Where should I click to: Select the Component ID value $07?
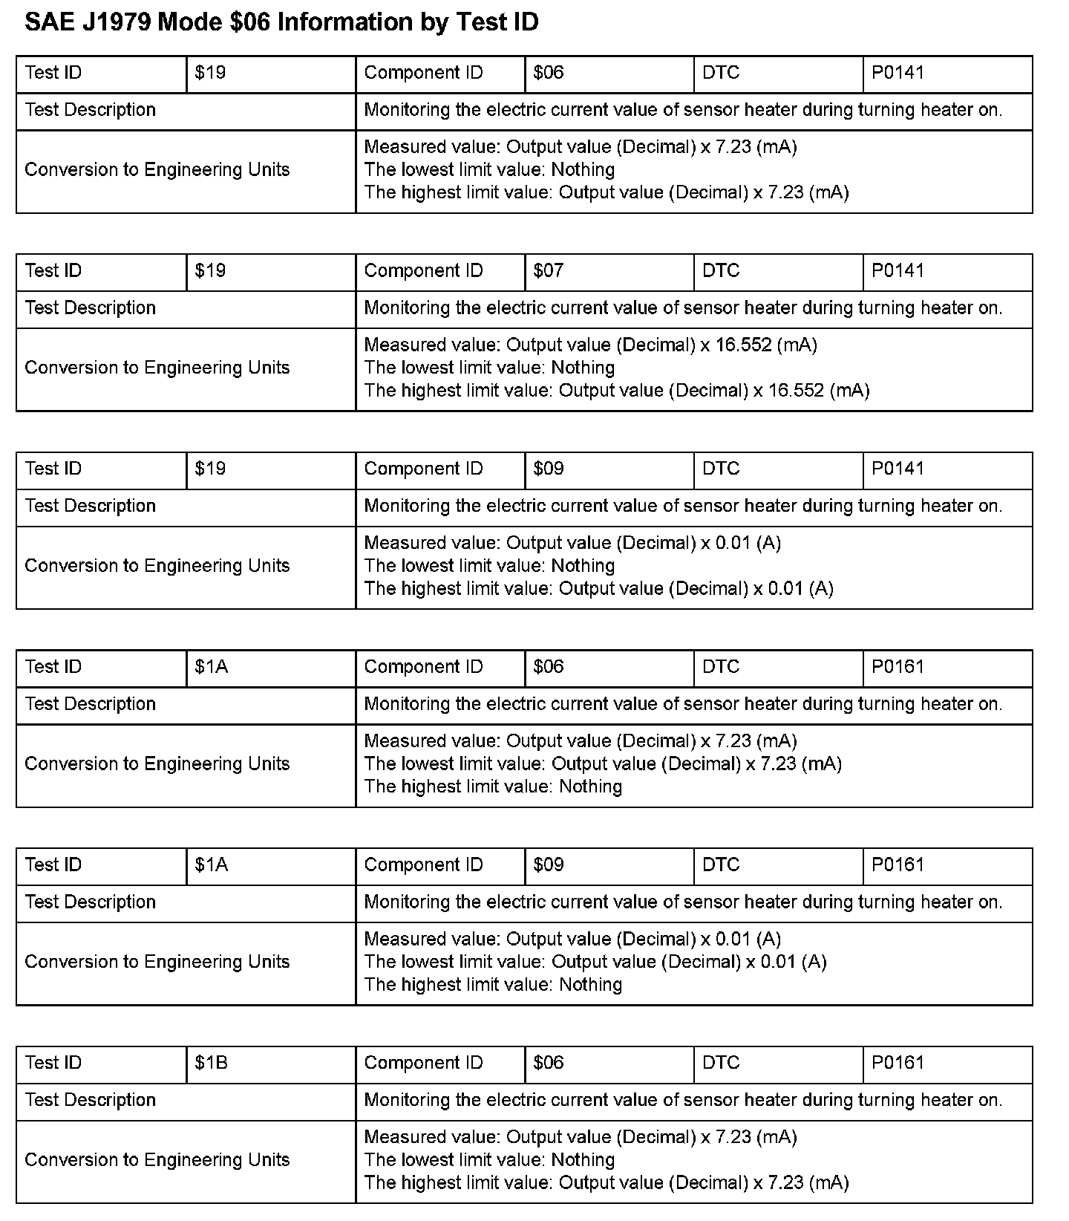[x=549, y=271]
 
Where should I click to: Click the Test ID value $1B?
[x=211, y=1063]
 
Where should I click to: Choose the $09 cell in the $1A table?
[x=549, y=865]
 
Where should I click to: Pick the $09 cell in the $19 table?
[x=549, y=469]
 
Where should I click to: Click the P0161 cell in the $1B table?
[x=898, y=1063]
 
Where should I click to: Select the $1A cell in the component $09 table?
[x=211, y=865]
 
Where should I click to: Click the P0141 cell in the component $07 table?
[x=898, y=271]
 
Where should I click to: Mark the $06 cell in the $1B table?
[x=549, y=1063]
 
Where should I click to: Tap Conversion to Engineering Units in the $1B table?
[x=157, y=1160]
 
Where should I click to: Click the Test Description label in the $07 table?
[x=90, y=308]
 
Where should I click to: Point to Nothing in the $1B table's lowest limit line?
[x=583, y=1160]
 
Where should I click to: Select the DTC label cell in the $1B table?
[x=721, y=1063]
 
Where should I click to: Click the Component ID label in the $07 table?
[x=423, y=271]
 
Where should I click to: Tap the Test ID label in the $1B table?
[x=53, y=1063]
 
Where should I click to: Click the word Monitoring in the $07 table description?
[x=407, y=308]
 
